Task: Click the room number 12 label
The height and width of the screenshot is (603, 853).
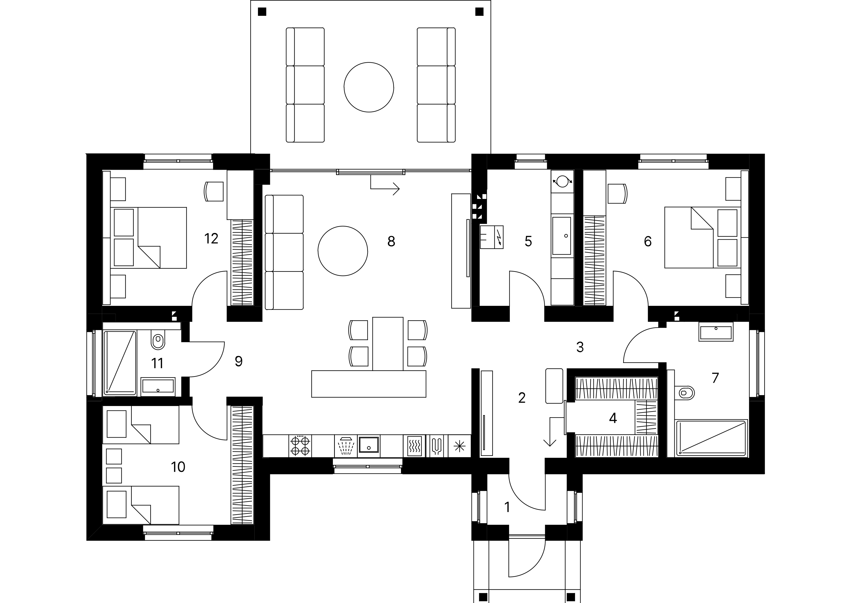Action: pos(211,239)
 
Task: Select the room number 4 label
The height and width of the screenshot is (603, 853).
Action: pos(613,418)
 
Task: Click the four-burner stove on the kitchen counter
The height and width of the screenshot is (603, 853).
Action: pos(300,446)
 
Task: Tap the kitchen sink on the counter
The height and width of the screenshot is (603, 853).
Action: pos(369,446)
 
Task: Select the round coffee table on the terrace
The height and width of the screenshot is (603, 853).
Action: pos(369,87)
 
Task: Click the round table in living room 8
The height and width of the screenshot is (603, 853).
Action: pos(343,251)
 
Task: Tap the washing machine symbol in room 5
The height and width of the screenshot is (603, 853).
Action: pos(562,181)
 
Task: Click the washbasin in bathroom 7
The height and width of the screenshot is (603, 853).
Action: pos(716,332)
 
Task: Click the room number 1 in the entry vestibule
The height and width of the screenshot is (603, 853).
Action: pos(507,507)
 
